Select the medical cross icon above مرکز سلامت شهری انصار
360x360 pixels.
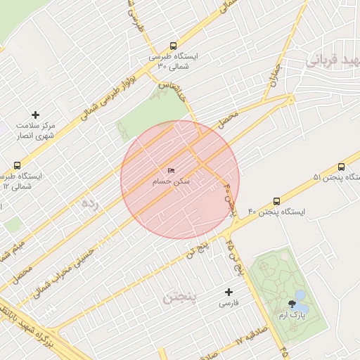[x=36, y=115]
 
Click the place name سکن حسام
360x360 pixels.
[x=172, y=181]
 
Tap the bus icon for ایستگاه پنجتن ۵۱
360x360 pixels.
[x=341, y=167]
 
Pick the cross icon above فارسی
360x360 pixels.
[x=228, y=292]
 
